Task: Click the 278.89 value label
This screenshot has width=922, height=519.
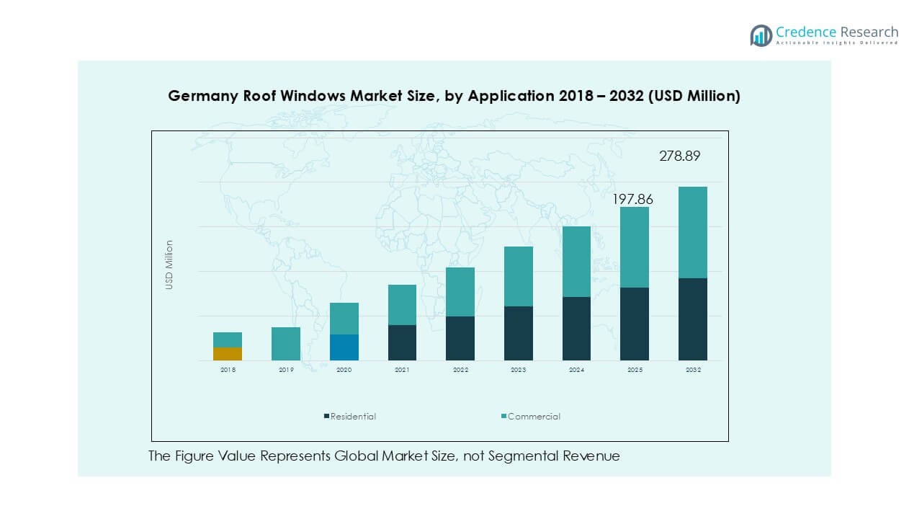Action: point(679,156)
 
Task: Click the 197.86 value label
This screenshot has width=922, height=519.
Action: point(632,199)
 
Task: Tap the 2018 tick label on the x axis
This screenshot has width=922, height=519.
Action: point(228,370)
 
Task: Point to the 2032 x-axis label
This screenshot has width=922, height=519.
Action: point(693,370)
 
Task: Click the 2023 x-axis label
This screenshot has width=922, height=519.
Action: point(518,370)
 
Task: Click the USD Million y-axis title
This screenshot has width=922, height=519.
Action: point(169,265)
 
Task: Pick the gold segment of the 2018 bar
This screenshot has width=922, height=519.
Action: point(228,354)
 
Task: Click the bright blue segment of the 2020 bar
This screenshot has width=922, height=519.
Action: point(344,347)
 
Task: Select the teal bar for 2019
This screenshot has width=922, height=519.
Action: point(286,344)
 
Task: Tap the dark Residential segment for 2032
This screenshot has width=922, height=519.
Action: point(693,319)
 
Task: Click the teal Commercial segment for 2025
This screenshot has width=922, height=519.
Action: point(635,247)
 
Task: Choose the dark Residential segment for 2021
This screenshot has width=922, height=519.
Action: point(402,342)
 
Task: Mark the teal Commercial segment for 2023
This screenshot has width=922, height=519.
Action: point(518,276)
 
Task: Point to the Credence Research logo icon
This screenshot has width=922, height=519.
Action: point(761,35)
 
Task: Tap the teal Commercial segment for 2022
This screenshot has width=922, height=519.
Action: point(460,292)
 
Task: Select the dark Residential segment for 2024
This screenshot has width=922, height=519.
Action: point(576,329)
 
